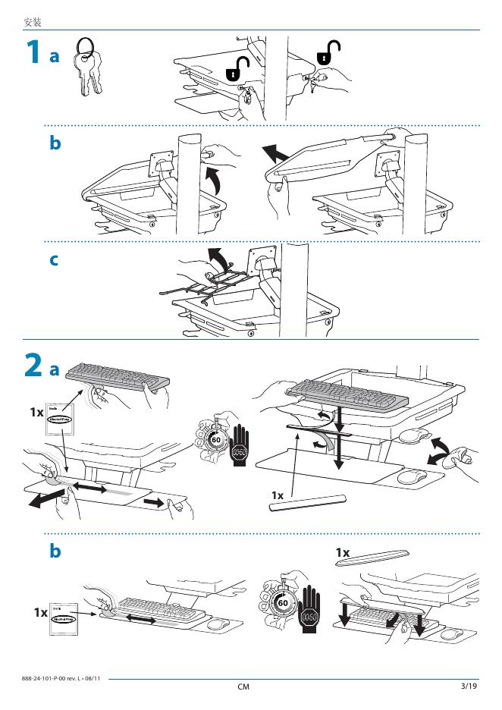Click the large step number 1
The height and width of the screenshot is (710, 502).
click(33, 53)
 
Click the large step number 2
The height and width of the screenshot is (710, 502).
click(33, 366)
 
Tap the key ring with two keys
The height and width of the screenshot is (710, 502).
click(86, 67)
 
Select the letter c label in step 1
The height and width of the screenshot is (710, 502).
click(54, 259)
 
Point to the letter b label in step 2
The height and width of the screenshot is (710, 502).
click(55, 551)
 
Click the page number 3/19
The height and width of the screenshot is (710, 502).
click(468, 686)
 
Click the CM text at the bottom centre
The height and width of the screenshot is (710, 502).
click(243, 687)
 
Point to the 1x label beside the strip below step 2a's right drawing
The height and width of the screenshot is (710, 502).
click(278, 495)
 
